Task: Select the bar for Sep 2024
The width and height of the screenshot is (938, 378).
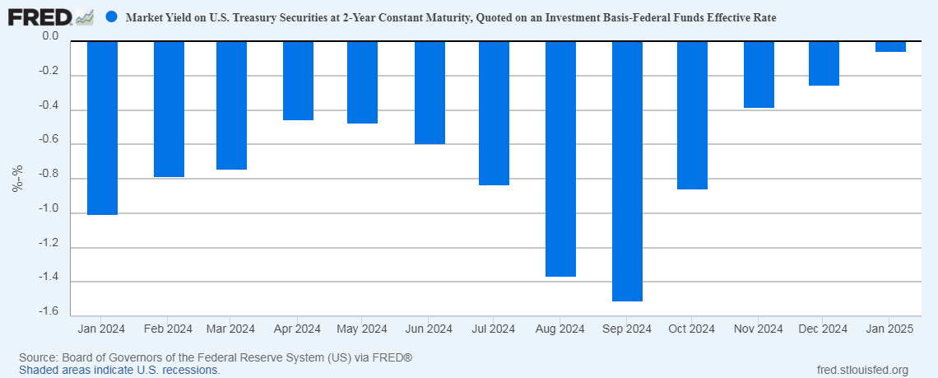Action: (x=626, y=171)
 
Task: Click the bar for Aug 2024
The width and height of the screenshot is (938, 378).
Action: (x=560, y=159)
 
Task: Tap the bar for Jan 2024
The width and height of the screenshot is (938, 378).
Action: (x=102, y=128)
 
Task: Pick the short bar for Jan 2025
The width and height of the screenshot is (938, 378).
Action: (x=890, y=47)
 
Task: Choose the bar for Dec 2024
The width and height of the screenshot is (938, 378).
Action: (x=824, y=63)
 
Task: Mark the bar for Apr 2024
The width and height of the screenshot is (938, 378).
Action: (x=298, y=81)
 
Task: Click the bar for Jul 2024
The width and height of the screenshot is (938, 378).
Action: (x=494, y=113)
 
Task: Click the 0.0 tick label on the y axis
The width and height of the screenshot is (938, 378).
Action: (x=49, y=37)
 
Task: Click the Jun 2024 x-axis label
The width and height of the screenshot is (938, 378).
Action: (x=428, y=329)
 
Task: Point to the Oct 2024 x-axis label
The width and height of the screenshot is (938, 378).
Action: (x=691, y=329)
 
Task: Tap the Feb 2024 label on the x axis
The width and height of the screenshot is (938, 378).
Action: (x=168, y=329)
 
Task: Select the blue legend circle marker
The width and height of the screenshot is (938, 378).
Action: (x=112, y=16)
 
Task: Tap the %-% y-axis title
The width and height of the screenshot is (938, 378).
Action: (x=17, y=179)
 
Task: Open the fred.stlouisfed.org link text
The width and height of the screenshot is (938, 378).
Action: (x=862, y=370)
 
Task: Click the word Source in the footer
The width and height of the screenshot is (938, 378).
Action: (x=37, y=358)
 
